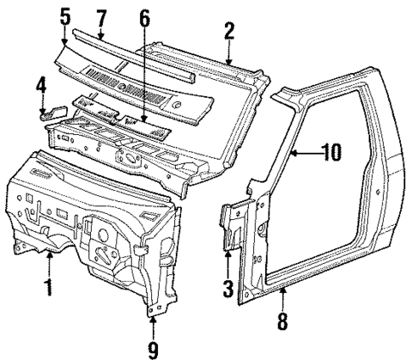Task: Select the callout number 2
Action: (x=229, y=31)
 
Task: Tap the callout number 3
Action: (x=228, y=288)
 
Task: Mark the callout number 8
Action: (x=284, y=322)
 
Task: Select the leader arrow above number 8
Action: (x=284, y=301)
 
